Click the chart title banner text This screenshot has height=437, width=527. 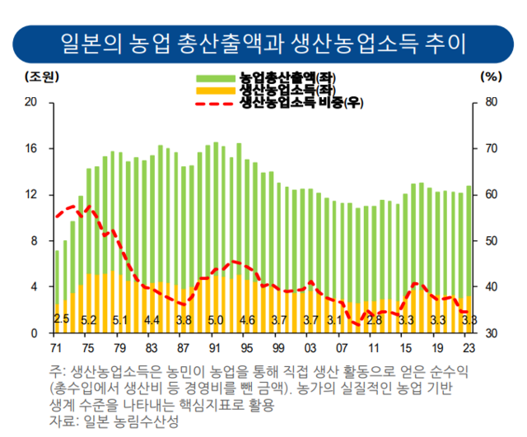(263, 41)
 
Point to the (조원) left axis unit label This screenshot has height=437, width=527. (39, 77)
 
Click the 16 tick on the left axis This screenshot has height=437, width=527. (32, 149)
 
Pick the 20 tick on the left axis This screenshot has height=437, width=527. (32, 103)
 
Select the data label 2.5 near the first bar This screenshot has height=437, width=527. (61, 320)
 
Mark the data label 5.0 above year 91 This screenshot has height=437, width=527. (216, 320)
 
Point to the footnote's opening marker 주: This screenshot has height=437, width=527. (57, 371)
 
